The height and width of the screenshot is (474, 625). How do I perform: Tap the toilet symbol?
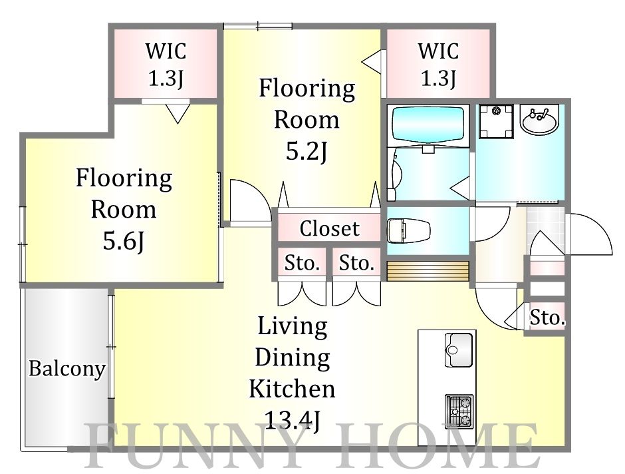coord(408,230)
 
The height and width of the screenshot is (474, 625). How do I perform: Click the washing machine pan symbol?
coord(496,121)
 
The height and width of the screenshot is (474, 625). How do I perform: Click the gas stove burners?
coord(459,412)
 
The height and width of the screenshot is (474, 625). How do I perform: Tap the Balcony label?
coord(67,369)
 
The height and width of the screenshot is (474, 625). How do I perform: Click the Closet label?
coord(329,228)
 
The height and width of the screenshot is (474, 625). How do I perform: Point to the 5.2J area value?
coord(307,151)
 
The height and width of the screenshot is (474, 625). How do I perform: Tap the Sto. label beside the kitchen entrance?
coord(547,318)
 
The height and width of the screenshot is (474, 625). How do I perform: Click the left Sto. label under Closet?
coord(302,264)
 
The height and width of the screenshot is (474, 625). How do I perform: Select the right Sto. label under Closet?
coord(356,264)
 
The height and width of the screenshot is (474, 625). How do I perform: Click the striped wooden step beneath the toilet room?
coord(428,271)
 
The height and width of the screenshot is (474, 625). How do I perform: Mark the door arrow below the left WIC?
coord(178,113)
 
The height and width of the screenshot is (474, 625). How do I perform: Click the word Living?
coord(293,327)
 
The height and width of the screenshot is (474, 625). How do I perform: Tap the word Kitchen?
coord(292,389)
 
